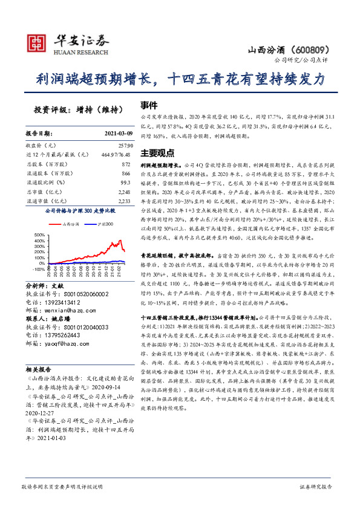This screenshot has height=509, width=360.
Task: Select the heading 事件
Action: [x=149, y=104]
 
